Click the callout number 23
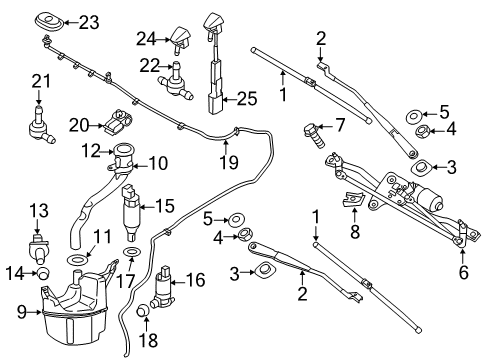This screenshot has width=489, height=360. click(x=89, y=20)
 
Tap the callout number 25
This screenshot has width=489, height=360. click(x=245, y=99)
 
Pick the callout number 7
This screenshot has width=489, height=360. click(x=339, y=126)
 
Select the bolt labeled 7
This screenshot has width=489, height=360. click(x=310, y=131)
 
